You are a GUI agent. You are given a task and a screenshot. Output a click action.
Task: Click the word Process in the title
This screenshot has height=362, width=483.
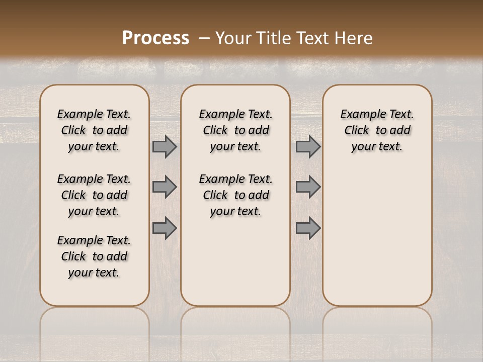(155, 38)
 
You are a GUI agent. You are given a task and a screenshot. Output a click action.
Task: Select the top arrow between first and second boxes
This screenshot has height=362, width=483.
(165, 147)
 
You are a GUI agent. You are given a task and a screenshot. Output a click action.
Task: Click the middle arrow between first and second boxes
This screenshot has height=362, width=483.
(165, 187)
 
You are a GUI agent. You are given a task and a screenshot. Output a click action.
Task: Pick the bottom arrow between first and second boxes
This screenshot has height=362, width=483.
(165, 228)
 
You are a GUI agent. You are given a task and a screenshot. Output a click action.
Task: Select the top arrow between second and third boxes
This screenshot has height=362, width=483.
(308, 147)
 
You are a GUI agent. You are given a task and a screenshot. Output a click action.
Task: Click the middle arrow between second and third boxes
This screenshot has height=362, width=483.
(308, 187)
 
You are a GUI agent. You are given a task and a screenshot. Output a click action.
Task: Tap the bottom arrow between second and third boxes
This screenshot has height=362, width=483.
(308, 228)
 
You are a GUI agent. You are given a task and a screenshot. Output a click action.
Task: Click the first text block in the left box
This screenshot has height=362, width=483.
(94, 130)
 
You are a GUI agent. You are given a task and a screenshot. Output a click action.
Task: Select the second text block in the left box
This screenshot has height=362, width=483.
(94, 195)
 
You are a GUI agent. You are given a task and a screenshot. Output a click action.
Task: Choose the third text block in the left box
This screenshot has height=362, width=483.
(94, 256)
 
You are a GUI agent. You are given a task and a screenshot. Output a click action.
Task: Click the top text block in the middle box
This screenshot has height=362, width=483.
(235, 130)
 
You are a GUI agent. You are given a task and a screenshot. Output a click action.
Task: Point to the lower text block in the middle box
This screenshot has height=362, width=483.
(235, 195)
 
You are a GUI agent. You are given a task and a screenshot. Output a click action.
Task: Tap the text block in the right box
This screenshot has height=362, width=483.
(377, 130)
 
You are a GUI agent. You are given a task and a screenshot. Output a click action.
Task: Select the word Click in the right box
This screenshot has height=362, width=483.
(357, 131)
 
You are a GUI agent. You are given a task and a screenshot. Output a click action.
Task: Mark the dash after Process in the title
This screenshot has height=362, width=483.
(204, 38)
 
